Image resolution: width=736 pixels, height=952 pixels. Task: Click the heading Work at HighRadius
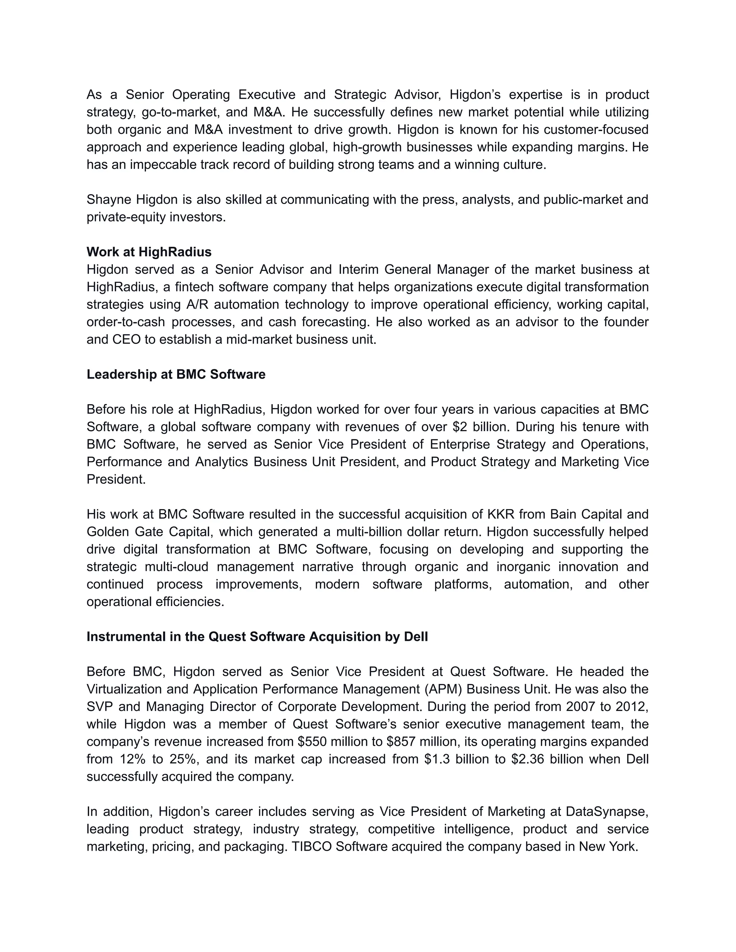[149, 252]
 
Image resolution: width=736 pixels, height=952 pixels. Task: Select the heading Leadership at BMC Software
[176, 374]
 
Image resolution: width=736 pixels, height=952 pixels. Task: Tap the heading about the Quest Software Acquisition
[257, 637]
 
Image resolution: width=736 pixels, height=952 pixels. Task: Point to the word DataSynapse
[607, 811]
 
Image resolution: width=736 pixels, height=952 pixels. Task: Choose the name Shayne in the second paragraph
[110, 200]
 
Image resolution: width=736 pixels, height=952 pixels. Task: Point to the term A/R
[197, 304]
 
